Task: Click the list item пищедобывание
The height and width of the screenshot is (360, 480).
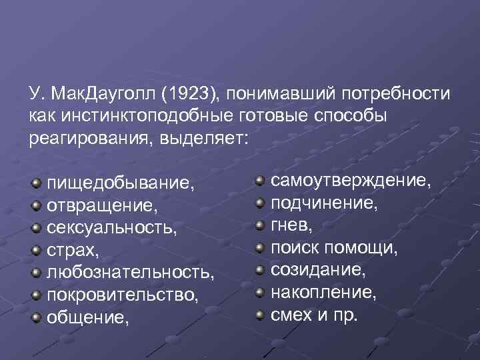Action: [121, 182]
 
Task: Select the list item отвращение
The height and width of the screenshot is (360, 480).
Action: [103, 205]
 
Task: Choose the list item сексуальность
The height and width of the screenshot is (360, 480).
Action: [111, 227]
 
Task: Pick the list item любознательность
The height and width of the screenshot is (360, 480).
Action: [130, 273]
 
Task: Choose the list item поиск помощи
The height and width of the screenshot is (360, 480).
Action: [334, 248]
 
